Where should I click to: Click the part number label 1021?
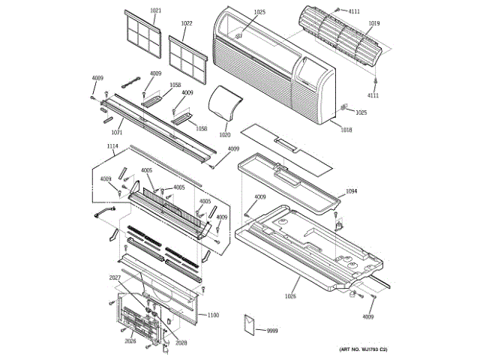156,10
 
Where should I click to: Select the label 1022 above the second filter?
187,24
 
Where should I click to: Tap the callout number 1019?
373,24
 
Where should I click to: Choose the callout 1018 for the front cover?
346,130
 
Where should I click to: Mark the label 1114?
112,146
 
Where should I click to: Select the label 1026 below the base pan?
290,296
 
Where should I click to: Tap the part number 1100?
213,315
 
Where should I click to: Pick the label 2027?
115,278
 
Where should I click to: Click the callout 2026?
130,341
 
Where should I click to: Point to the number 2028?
181,342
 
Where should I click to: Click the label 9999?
272,330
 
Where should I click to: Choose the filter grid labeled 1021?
142,34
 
